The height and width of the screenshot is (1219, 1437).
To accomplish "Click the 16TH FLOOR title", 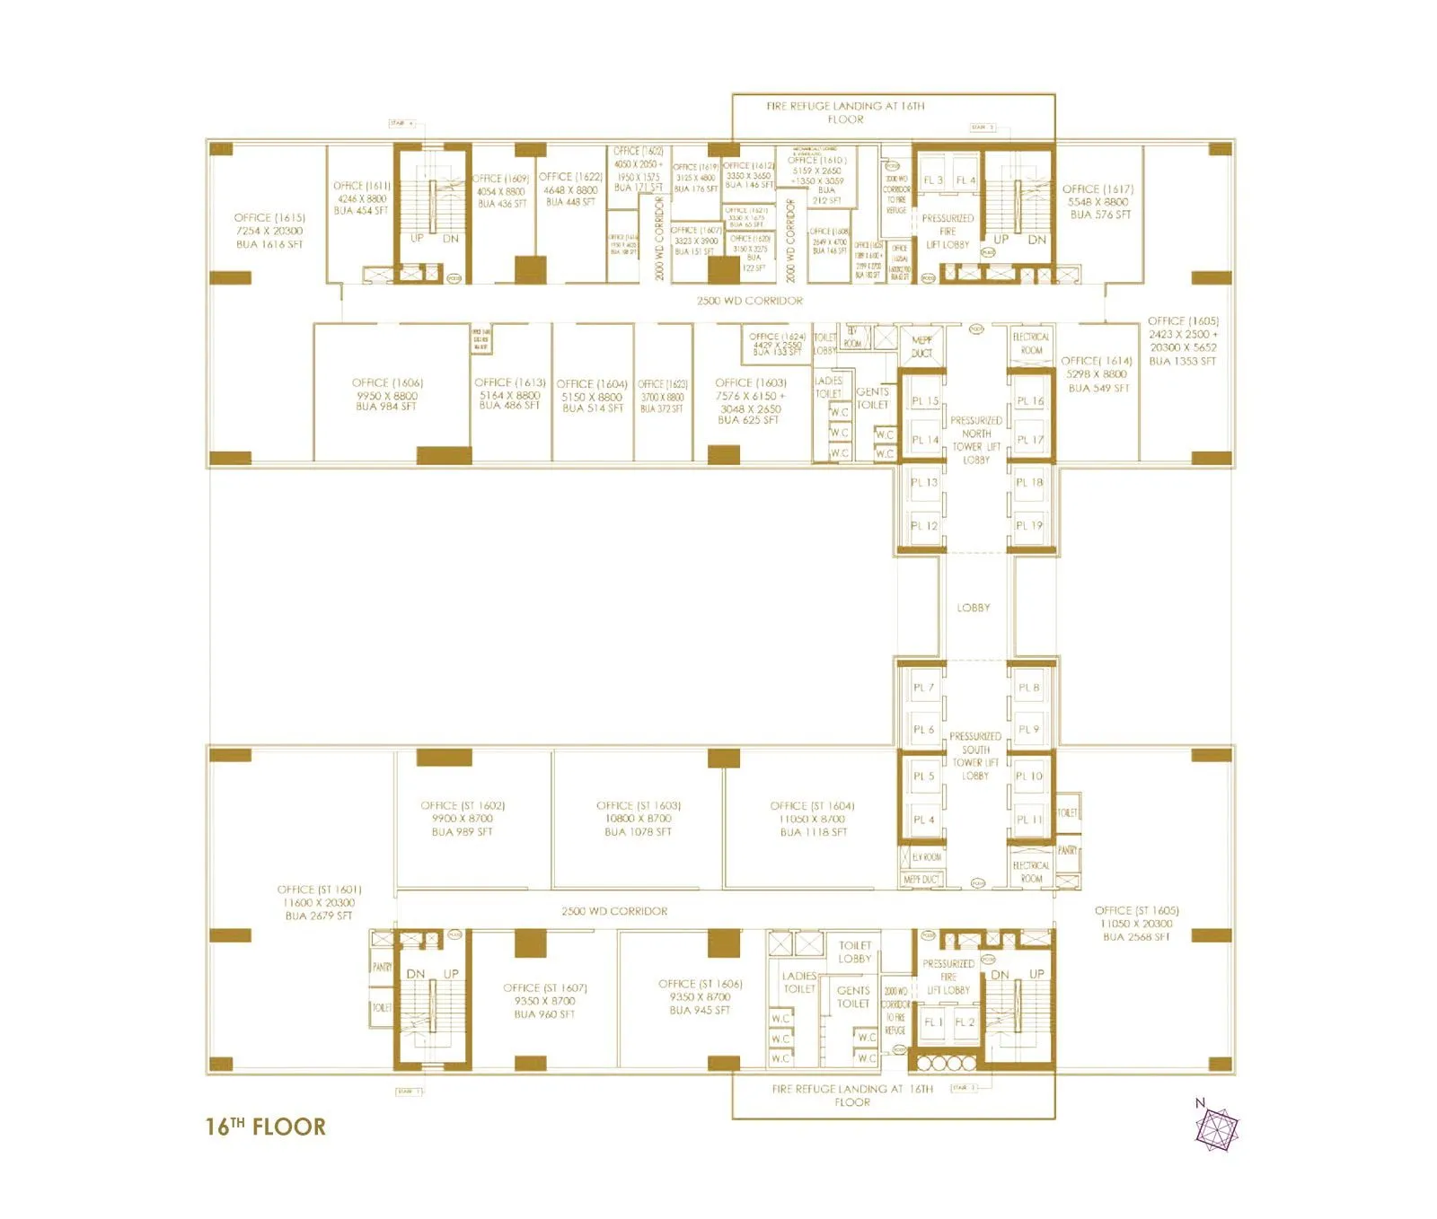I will [x=265, y=1127].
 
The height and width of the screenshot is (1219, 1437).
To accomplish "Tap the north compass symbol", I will [x=1216, y=1127].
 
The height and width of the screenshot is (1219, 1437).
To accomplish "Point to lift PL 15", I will [x=924, y=401].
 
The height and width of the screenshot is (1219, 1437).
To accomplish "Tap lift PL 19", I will [x=1029, y=526].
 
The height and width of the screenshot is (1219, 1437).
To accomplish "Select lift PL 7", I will [x=923, y=688].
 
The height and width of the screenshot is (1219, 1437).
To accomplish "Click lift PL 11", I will [x=1029, y=820].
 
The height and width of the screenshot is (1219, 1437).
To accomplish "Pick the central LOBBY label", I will [x=974, y=608].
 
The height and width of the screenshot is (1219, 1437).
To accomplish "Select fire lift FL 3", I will [x=933, y=180].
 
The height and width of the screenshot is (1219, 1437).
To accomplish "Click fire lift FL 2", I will [x=965, y=1022].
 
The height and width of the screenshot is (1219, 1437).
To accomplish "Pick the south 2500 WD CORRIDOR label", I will [x=614, y=911].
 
